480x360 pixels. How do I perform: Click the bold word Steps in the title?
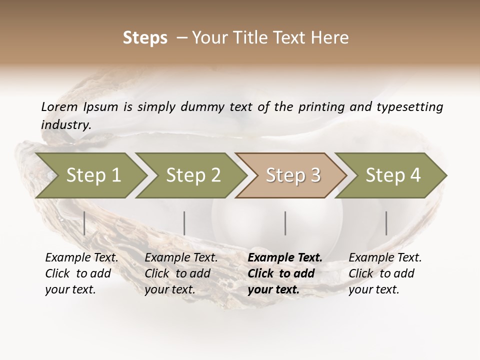click(x=145, y=38)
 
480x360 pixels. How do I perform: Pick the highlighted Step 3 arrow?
click(x=293, y=175)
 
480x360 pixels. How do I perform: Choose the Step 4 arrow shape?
click(x=393, y=175)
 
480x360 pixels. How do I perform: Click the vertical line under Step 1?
click(x=84, y=223)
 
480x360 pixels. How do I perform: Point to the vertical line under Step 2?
click(x=184, y=223)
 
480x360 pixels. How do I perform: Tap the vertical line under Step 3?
click(x=285, y=223)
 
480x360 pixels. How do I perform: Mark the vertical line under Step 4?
click(x=386, y=223)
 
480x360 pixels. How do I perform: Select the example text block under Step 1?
click(x=81, y=273)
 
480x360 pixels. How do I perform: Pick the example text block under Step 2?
click(x=181, y=273)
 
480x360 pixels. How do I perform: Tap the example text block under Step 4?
click(x=385, y=273)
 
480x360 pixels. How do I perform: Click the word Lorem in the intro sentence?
click(x=59, y=106)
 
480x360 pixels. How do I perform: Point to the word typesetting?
click(x=409, y=107)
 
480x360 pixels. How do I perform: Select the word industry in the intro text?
click(x=65, y=124)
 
